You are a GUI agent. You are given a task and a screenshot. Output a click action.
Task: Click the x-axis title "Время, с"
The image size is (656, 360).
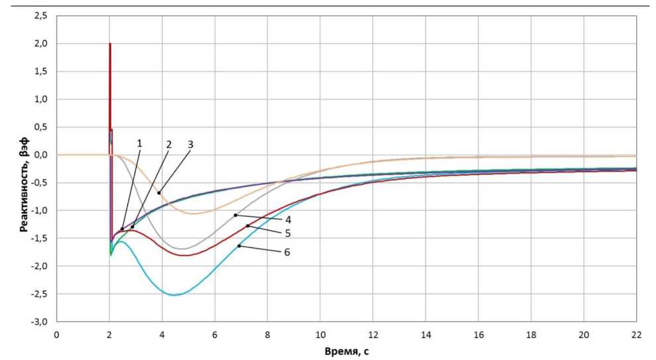pos(347,349)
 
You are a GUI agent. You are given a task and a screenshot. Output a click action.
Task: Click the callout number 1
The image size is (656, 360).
pos(140,143)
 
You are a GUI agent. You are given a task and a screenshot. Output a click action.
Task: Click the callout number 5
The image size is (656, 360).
pos(288,233)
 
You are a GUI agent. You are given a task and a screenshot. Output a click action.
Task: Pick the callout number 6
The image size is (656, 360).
pos(288,252)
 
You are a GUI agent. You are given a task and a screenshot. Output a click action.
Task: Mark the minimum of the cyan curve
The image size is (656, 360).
pos(175,294)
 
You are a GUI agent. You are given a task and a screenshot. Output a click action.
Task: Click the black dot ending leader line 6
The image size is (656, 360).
pos(239,246)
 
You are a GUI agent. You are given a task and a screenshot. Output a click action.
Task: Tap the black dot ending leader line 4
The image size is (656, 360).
pos(235,215)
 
